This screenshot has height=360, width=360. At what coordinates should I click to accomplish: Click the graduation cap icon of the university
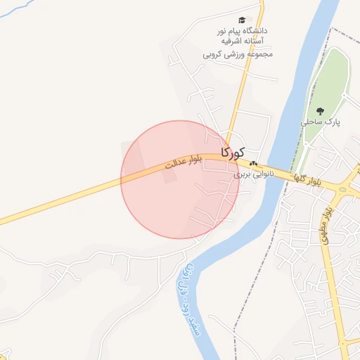(243, 21)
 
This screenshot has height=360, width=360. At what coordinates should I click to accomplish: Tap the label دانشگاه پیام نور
(243, 32)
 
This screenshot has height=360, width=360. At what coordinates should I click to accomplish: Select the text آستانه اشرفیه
(246, 42)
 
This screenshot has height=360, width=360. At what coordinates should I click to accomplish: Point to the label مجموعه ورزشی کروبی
(238, 53)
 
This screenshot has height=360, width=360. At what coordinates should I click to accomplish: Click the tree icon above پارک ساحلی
(321, 110)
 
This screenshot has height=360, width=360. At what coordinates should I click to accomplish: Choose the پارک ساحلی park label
(321, 122)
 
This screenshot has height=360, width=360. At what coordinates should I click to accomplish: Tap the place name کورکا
(233, 152)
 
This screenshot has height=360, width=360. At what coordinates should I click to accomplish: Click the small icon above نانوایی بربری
(253, 162)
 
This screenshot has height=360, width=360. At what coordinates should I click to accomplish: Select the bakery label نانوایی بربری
(252, 172)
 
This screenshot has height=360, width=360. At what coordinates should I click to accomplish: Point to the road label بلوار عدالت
(184, 162)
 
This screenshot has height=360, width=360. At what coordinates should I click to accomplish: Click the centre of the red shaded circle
(180, 179)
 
